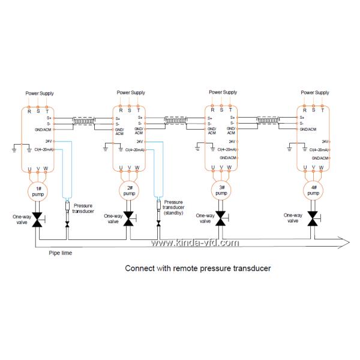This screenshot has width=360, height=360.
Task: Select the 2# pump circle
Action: point(130,191)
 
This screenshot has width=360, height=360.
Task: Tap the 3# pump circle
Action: point(221,191)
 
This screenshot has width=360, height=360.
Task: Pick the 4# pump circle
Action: point(312,191)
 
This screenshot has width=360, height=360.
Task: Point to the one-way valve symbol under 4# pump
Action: point(312,218)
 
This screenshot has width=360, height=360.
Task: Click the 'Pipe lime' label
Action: point(61,253)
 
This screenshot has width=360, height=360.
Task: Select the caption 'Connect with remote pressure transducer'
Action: point(197,269)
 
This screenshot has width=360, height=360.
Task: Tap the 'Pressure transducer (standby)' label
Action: point(173,207)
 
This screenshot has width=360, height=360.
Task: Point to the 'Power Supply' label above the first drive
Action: point(39,93)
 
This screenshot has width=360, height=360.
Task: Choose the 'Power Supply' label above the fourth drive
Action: point(314,92)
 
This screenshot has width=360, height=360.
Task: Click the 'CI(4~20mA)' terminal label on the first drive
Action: point(41,149)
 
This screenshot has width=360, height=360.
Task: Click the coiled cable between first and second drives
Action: point(84,121)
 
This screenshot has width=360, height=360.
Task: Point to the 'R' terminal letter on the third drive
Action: point(212,110)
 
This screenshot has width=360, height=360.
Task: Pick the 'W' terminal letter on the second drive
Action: point(139,167)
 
